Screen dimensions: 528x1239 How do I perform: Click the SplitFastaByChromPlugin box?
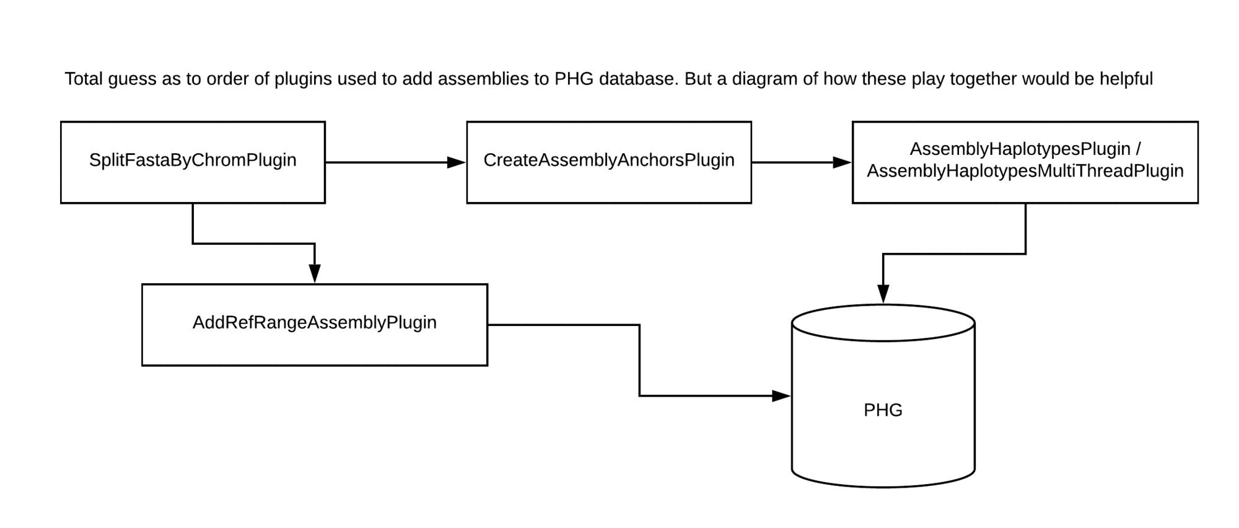[x=193, y=162]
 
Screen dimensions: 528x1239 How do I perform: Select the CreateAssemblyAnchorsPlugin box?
[x=608, y=162]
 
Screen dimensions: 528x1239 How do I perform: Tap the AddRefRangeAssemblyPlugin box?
[x=314, y=324]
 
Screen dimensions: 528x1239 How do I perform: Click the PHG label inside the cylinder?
[x=883, y=410]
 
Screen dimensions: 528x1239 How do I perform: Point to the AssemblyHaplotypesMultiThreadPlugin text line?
[x=1025, y=171]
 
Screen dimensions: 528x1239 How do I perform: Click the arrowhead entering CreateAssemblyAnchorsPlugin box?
[x=457, y=162]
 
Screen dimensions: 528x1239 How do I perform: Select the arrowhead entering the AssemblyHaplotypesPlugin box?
[x=843, y=162]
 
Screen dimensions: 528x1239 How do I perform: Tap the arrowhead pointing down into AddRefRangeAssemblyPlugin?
[x=315, y=273]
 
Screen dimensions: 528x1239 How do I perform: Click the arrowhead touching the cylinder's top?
[x=883, y=294]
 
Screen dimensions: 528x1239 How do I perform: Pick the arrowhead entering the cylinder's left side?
[x=781, y=395]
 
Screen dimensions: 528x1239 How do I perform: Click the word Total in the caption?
[x=84, y=79]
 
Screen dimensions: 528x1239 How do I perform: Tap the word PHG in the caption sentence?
[x=574, y=79]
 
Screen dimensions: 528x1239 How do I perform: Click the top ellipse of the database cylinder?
[x=883, y=322]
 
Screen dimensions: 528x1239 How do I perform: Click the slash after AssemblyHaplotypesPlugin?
[x=1138, y=149]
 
